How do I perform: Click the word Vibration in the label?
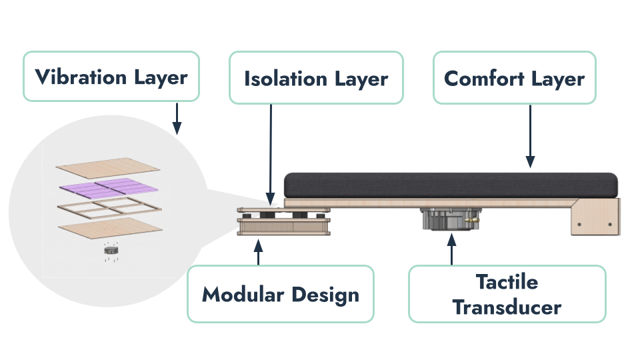81,77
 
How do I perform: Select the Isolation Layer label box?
316,77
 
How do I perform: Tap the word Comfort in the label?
484,79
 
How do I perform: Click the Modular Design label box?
281,294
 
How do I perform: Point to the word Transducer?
507,307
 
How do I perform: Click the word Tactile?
507,282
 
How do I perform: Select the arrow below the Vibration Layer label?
177,119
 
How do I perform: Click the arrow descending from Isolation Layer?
271,155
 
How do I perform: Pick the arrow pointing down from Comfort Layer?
530,136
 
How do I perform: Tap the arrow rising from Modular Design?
258,252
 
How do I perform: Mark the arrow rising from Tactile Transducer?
451,249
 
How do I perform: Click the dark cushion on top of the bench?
451,185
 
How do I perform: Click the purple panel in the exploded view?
109,187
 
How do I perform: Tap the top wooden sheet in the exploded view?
108,168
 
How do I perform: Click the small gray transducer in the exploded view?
111,249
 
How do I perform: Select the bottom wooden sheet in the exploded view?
110,228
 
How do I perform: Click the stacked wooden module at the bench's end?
284,221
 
